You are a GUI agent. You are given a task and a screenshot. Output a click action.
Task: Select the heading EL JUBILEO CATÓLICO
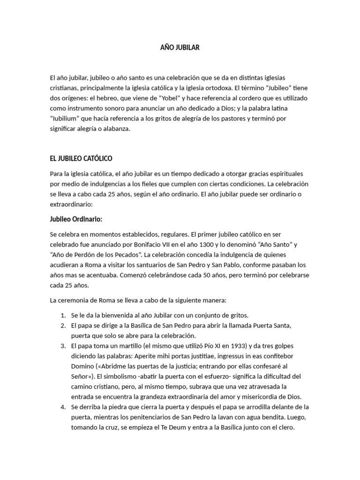81,158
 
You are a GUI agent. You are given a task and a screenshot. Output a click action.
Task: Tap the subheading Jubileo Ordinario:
76,219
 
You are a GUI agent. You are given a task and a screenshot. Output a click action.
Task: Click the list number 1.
63,315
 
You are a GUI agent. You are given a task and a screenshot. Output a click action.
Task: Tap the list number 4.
63,407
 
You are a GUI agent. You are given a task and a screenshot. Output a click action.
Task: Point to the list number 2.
63,325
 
